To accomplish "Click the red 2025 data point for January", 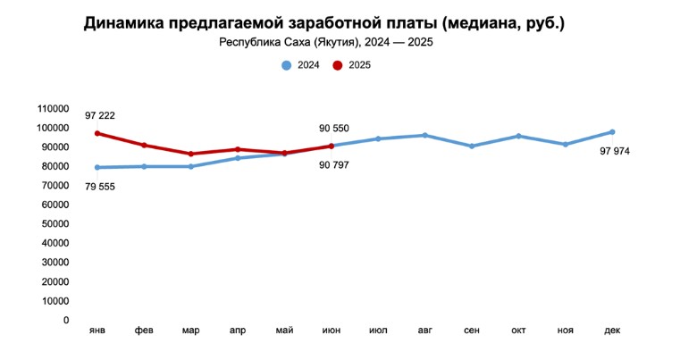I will (97, 133).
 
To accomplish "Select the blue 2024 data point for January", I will (97, 167).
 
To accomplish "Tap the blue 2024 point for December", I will (612, 132).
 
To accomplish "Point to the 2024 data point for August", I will (424, 136).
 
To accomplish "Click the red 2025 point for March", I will (191, 154).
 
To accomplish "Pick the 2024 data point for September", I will (472, 146).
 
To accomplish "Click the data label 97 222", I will (100, 116).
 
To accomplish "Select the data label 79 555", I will (100, 186).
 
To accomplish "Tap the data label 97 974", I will (615, 151).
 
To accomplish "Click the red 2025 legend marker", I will (338, 65).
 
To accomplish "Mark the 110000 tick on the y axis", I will (53, 108).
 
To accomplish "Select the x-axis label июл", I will (378, 331).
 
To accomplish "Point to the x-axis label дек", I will (612, 331).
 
